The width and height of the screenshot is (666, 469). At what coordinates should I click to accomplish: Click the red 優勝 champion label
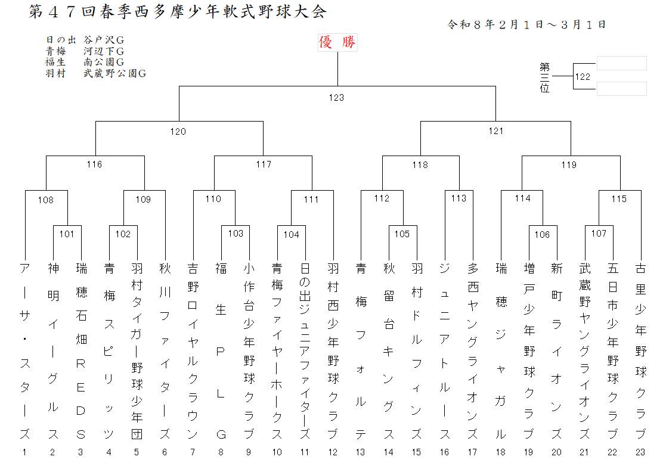pos(337,43)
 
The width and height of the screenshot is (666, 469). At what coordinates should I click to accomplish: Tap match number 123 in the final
pos(337,98)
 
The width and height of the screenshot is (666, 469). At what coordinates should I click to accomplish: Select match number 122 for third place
pos(583,77)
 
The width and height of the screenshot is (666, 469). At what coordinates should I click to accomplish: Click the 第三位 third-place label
pos(545,77)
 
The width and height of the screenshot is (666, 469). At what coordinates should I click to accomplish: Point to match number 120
pos(178,132)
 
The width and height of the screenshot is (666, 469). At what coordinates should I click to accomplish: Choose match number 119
pos(568,165)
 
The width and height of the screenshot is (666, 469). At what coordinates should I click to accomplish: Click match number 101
pos(67,234)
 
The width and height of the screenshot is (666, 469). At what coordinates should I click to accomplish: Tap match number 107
pos(599,234)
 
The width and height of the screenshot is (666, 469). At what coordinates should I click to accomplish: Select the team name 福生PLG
pos(221,352)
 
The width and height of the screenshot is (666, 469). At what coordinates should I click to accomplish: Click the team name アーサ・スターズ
pos(24,352)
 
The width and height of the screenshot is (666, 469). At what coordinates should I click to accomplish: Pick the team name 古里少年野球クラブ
pos(640,352)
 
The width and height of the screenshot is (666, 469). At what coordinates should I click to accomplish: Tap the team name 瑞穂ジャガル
pos(501,352)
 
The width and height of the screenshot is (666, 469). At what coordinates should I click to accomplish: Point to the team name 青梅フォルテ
pos(361,352)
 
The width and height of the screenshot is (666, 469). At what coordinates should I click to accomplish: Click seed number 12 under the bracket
pos(333,452)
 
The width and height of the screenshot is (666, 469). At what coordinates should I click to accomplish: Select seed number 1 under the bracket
pos(24,452)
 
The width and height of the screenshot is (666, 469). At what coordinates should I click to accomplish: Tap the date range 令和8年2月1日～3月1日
pos(526,25)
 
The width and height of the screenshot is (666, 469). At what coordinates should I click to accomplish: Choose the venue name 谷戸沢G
pos(104,40)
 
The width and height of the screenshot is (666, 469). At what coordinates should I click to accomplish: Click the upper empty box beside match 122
pos(621,63)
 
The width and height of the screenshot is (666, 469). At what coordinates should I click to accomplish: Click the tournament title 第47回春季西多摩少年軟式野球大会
pos(178,13)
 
